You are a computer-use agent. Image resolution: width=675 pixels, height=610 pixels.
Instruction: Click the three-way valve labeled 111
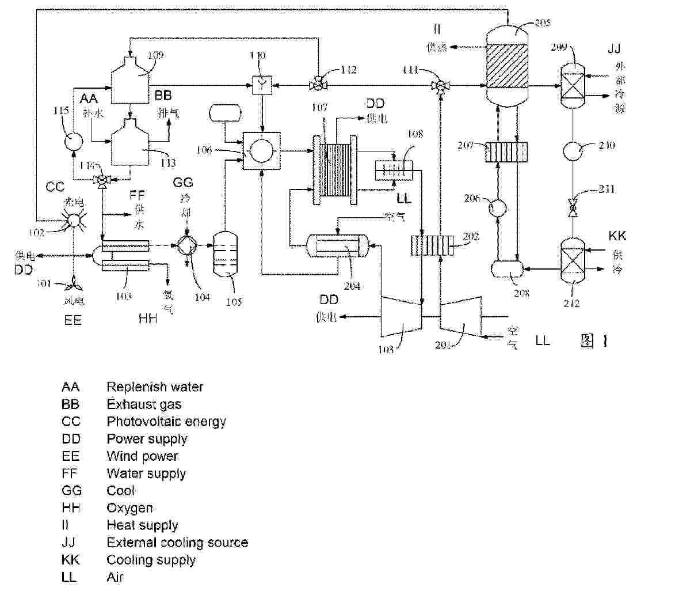(440, 86)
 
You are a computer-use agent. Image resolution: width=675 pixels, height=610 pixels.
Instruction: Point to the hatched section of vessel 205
(508, 66)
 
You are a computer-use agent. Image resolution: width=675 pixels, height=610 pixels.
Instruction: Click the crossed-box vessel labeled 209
(573, 85)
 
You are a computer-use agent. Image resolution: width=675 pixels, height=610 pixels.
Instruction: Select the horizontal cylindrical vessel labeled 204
(338, 247)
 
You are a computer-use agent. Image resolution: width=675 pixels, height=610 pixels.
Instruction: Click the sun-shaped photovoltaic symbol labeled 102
(74, 219)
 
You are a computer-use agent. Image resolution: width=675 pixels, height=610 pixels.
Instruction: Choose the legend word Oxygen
(129, 508)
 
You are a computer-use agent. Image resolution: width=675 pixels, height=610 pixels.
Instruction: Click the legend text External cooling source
(177, 543)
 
